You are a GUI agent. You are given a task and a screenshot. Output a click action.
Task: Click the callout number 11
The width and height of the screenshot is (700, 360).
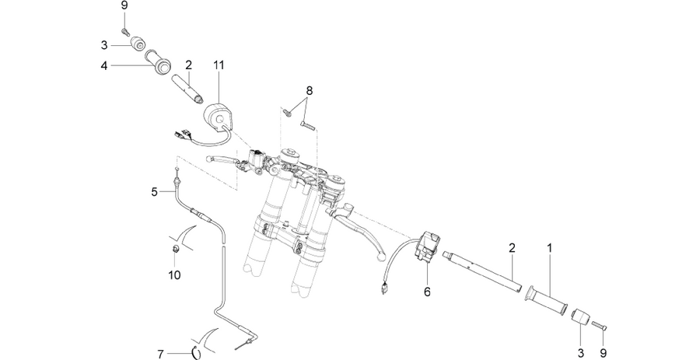219,65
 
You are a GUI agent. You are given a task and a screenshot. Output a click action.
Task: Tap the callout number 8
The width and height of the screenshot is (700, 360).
309,90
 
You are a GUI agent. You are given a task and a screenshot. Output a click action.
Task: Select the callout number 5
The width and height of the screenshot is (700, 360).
155,192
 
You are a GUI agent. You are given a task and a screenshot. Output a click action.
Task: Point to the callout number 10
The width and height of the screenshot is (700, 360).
174,274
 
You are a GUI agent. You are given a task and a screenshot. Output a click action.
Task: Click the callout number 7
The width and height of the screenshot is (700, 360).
161,355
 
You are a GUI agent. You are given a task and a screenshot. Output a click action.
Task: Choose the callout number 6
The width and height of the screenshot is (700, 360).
427,292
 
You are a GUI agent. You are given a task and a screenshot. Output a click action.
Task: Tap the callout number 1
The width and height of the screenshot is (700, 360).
550,247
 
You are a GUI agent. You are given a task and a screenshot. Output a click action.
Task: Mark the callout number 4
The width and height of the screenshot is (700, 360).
104,66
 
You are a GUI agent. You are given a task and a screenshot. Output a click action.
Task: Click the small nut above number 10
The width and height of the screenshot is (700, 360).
176,249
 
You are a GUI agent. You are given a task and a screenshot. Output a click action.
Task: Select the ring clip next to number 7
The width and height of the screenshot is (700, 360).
194,352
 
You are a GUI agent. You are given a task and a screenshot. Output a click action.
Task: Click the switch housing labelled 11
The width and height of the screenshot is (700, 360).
219,115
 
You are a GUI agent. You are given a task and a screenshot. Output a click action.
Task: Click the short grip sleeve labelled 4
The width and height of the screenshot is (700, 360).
158,61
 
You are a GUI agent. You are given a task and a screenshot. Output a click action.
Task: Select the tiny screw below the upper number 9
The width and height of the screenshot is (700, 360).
124,32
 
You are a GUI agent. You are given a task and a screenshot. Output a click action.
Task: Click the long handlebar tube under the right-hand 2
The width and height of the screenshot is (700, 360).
482,271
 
